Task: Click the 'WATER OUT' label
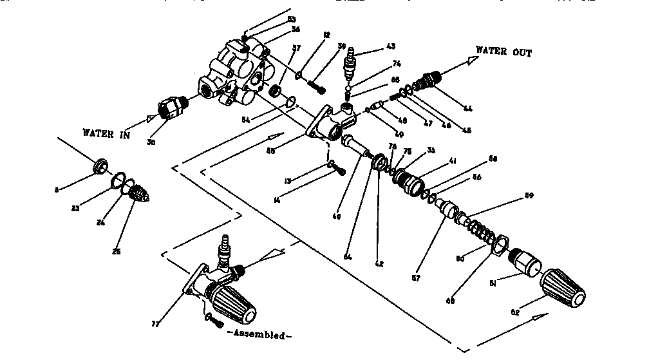503,52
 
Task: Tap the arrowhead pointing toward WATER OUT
472,60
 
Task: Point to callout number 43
391,46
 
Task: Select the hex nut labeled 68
499,245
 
